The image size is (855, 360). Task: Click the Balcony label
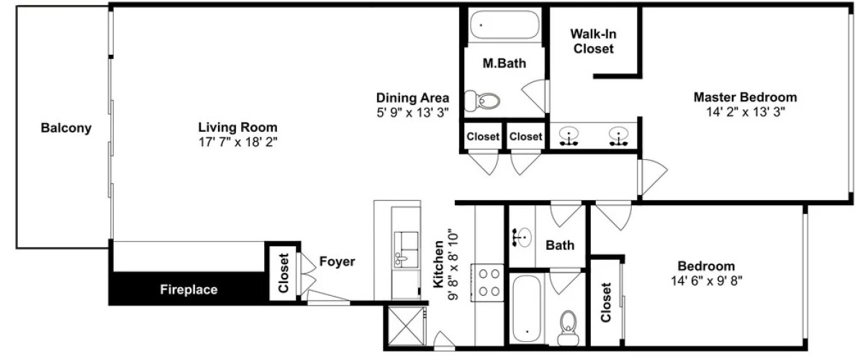(x=66, y=129)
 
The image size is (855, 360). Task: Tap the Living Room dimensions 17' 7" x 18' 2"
(x=237, y=140)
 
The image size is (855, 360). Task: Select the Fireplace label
(x=189, y=289)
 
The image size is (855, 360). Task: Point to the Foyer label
(x=337, y=262)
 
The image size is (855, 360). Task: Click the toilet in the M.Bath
(x=482, y=101)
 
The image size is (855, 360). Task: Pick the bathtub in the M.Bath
(x=505, y=24)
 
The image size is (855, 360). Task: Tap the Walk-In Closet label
(x=592, y=41)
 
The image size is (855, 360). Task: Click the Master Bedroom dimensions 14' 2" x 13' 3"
(x=745, y=112)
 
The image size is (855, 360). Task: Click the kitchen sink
(x=406, y=249)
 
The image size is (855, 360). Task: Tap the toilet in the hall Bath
(x=569, y=328)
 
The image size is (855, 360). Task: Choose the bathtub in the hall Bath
(x=527, y=307)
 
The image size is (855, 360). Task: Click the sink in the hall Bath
(x=522, y=238)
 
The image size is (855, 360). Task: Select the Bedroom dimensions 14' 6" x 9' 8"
(x=707, y=281)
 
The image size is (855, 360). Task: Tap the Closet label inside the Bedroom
(x=607, y=302)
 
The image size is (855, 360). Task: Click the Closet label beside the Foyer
(x=283, y=272)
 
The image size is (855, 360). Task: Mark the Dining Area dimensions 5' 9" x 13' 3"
(x=413, y=112)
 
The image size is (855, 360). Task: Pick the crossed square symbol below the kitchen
(x=406, y=326)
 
